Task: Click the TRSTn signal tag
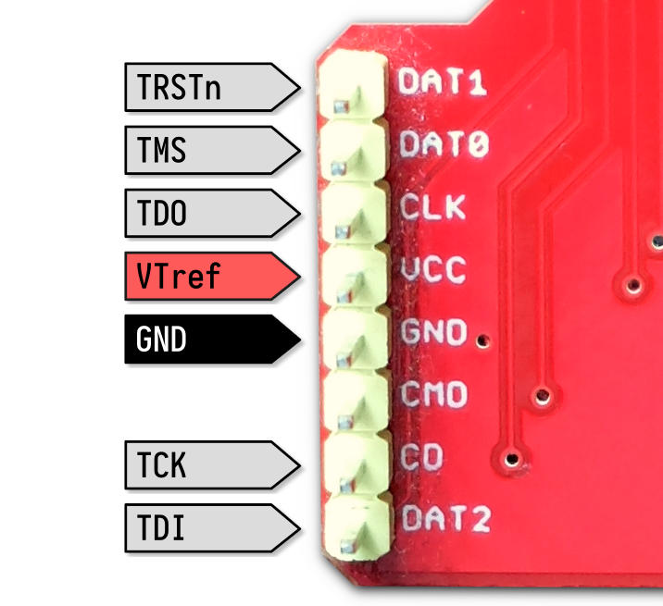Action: point(213,88)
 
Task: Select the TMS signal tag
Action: point(213,150)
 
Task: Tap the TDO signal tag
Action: point(213,213)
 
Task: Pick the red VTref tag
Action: point(213,276)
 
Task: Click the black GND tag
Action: point(213,339)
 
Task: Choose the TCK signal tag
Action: point(213,464)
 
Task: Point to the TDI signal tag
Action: point(213,527)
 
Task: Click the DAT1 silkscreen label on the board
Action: point(442,81)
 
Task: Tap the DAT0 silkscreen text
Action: point(444,143)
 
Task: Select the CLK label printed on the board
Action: point(432,206)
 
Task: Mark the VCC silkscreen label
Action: point(433,269)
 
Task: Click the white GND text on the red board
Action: point(433,332)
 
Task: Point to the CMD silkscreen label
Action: point(434,394)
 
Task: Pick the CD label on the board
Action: point(421,456)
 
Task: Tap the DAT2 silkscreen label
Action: point(446,518)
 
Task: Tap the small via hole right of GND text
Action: point(482,340)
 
